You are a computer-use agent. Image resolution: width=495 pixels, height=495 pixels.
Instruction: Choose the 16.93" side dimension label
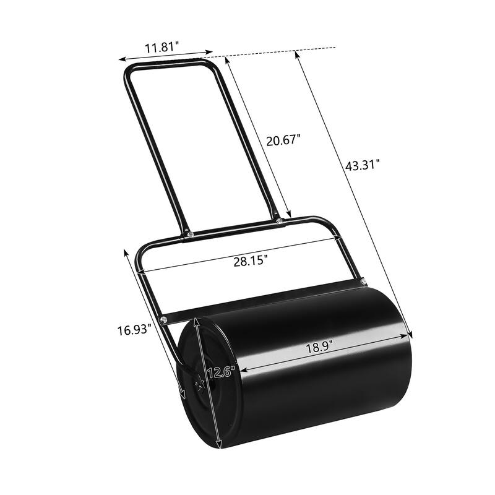(133, 330)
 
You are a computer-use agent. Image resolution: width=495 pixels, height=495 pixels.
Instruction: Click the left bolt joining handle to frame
(188, 234)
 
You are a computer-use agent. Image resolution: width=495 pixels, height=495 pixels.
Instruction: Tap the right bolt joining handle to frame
(280, 220)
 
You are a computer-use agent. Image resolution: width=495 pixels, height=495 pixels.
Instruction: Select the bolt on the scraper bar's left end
(164, 319)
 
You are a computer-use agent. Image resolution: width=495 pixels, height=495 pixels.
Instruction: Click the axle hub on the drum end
(199, 386)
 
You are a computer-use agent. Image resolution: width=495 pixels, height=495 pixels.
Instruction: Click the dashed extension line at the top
(278, 49)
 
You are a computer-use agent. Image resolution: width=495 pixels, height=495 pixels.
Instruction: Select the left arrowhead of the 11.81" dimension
(121, 60)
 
